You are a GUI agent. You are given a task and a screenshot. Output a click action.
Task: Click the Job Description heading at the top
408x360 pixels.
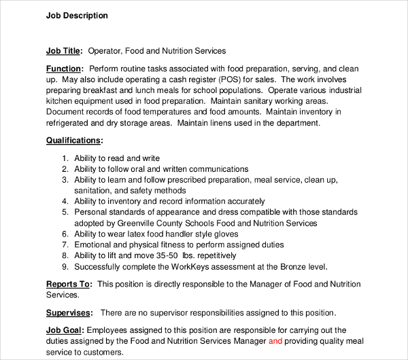[x=77, y=16]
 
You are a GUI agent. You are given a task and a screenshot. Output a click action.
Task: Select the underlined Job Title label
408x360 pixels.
[x=63, y=51]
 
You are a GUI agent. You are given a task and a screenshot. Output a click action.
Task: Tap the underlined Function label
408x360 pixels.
[x=65, y=69]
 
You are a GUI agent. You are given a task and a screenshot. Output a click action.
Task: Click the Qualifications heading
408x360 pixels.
[x=74, y=141]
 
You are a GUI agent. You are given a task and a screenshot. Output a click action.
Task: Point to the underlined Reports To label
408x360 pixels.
[x=70, y=284]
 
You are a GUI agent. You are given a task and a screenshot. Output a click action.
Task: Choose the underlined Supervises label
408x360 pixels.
[x=69, y=313]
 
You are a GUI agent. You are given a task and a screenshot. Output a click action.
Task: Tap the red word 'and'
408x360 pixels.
[x=275, y=342]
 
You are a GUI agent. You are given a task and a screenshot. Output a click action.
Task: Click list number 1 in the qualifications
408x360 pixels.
[x=65, y=158]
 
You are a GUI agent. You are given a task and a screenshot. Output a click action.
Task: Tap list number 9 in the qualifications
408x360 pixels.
[x=65, y=267]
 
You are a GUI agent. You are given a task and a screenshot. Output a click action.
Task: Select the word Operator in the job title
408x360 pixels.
[x=106, y=51]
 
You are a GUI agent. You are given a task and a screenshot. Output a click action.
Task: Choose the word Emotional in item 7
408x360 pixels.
[x=95, y=245]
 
